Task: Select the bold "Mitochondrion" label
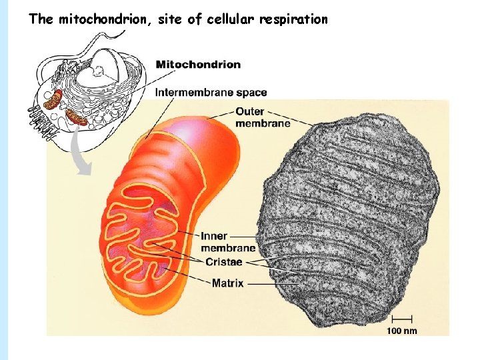pyautogui.click(x=198, y=65)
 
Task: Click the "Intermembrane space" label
pyautogui.click(x=211, y=93)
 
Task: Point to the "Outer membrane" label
pyautogui.click(x=262, y=117)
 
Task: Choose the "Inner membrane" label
pyautogui.click(x=227, y=242)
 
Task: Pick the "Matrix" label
pyautogui.click(x=227, y=283)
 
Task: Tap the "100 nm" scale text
pyautogui.click(x=402, y=331)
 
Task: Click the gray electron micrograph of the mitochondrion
pyautogui.click(x=353, y=220)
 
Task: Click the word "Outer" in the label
pyautogui.click(x=250, y=111)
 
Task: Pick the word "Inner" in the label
pyautogui.click(x=214, y=236)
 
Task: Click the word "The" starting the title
pyautogui.click(x=41, y=19)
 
